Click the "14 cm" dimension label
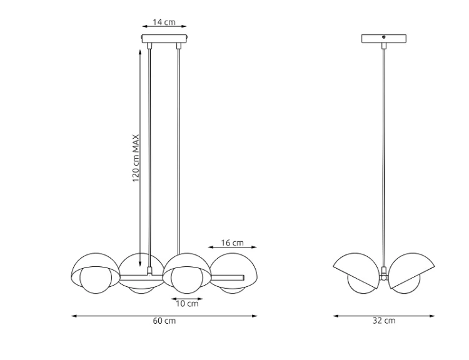(x=164, y=22)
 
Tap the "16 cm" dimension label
(x=233, y=243)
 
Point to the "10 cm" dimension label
(x=186, y=304)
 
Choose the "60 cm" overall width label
(x=164, y=321)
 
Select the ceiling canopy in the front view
(x=164, y=39)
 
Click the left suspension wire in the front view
(x=149, y=156)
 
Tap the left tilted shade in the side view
(x=356, y=266)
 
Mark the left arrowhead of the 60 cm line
(x=74, y=316)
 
